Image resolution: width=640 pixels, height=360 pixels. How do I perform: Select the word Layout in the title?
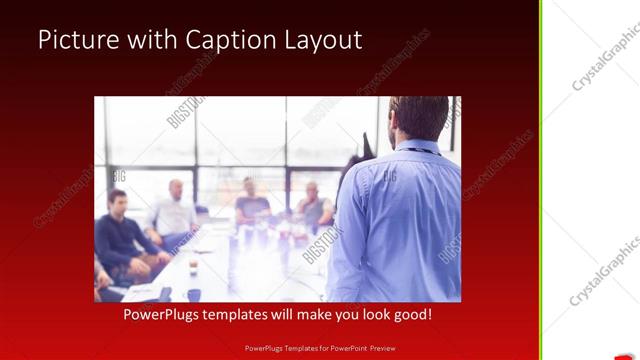[x=323, y=40]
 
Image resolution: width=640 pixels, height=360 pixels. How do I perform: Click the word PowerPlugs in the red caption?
[x=164, y=314]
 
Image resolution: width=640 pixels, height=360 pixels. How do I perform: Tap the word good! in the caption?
[x=411, y=314]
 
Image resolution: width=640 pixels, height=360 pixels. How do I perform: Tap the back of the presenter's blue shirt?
[x=400, y=220]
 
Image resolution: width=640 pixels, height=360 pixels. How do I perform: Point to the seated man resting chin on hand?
[x=313, y=205]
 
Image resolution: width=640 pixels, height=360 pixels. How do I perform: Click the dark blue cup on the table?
[x=194, y=294]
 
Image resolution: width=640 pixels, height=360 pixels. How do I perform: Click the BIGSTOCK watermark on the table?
[x=322, y=244]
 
